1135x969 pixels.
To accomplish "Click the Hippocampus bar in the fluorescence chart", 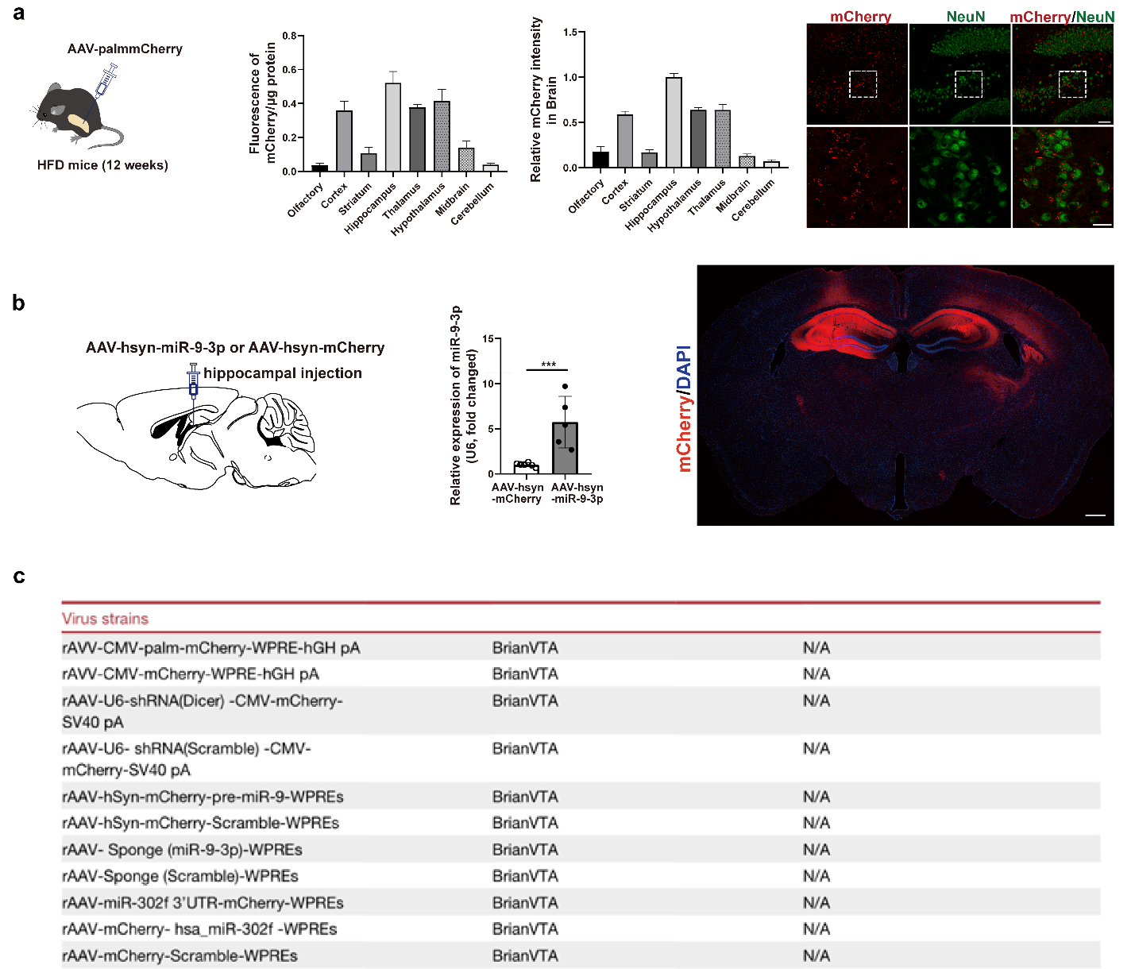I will (392, 127).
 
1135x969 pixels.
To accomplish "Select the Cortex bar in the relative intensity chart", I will (625, 141).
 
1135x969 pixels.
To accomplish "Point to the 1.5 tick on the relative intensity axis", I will (569, 33).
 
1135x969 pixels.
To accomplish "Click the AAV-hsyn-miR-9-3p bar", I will (565, 448).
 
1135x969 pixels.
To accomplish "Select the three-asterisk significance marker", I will (548, 365).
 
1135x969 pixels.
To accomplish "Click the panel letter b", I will (18, 303).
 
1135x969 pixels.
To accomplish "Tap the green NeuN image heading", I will (965, 17).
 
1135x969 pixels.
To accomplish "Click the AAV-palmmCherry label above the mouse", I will (125, 49).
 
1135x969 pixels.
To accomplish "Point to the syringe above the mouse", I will (106, 80).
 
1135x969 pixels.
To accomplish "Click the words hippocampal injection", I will (282, 373).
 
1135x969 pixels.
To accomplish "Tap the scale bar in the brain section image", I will (1094, 515).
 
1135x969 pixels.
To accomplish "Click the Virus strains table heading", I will (105, 619).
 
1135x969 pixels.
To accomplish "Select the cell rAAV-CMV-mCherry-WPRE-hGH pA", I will (191, 674).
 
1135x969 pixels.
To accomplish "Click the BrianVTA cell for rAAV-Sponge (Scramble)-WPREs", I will (525, 876).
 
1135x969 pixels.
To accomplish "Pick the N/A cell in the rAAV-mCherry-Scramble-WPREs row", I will (816, 955).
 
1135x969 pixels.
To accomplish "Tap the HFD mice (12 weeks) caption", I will (102, 165).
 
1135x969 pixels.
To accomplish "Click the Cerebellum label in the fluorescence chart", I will (473, 204).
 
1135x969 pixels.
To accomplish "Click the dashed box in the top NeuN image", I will (968, 84).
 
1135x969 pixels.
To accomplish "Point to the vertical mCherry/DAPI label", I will (683, 408).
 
